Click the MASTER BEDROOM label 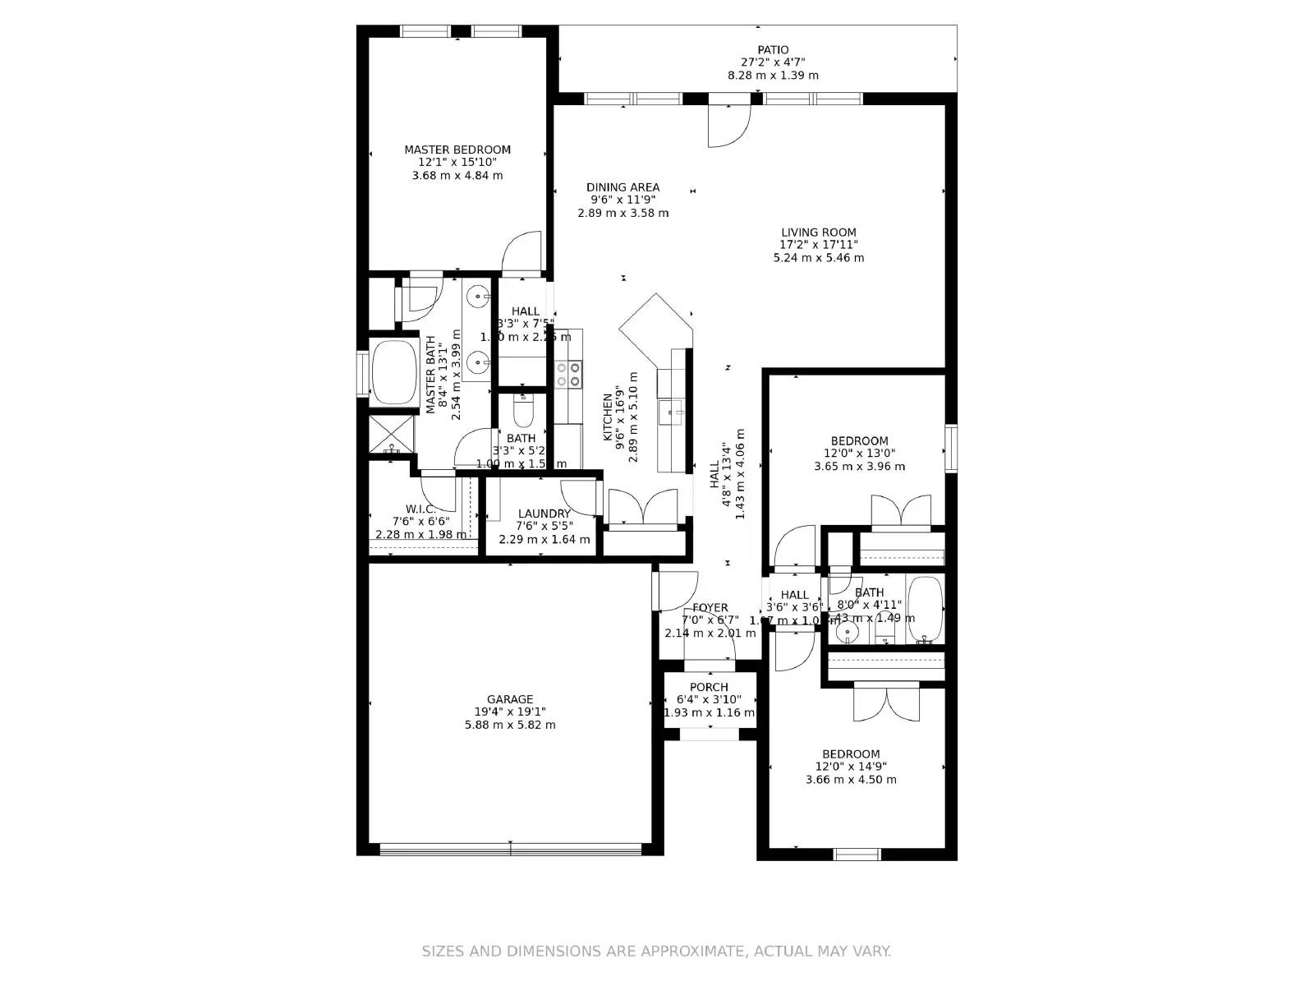457,150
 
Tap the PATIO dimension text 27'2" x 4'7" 773,62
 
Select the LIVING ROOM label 818,233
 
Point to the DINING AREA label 623,187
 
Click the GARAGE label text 510,699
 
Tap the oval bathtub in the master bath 394,372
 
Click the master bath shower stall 392,435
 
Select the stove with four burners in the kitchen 568,375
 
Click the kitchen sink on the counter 671,412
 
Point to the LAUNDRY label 544,514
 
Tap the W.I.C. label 420,509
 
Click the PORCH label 709,687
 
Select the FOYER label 710,608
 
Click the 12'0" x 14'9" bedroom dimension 851,767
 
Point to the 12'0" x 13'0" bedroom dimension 859,453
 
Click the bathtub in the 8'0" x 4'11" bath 925,611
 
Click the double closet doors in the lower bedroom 886,703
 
